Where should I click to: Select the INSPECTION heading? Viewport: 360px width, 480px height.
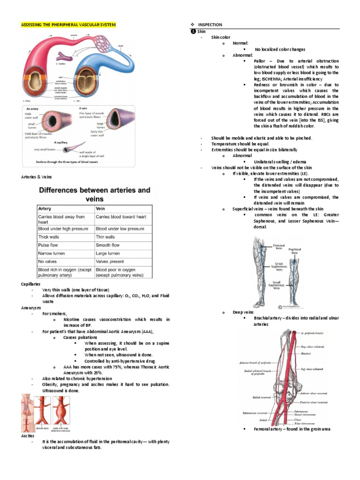(210, 24)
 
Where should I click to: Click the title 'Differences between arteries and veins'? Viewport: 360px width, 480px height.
(94, 194)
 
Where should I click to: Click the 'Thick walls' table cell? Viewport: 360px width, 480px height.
(49, 237)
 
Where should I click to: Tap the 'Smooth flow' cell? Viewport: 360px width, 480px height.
(107, 245)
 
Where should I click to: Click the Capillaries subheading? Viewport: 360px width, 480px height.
(30, 284)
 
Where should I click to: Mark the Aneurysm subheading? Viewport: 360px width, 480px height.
(30, 307)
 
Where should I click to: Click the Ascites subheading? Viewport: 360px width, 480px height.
(28, 435)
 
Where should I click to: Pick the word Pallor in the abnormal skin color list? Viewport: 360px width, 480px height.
(259, 61)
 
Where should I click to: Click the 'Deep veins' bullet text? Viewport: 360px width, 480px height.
(243, 312)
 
